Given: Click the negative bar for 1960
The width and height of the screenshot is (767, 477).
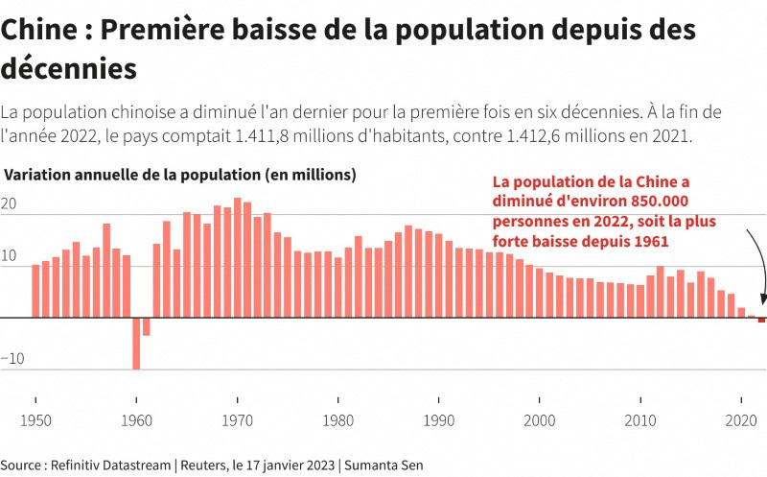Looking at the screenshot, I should coord(136,343).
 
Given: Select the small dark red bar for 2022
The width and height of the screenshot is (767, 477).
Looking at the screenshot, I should coord(761,320).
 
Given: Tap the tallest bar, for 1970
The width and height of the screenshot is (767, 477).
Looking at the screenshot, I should coord(237,257).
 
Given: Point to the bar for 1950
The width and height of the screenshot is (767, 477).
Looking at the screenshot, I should coord(35,291).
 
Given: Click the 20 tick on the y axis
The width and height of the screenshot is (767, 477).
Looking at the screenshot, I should coord(9,204).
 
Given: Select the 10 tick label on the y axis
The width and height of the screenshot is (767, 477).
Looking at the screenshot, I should coord(9,256).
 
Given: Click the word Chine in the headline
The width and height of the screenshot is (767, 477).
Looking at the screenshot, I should coord(39,31).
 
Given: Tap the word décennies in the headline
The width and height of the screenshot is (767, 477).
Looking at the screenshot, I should coord(68,70).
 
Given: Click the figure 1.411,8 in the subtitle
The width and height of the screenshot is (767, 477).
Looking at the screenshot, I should coord(274,135).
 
